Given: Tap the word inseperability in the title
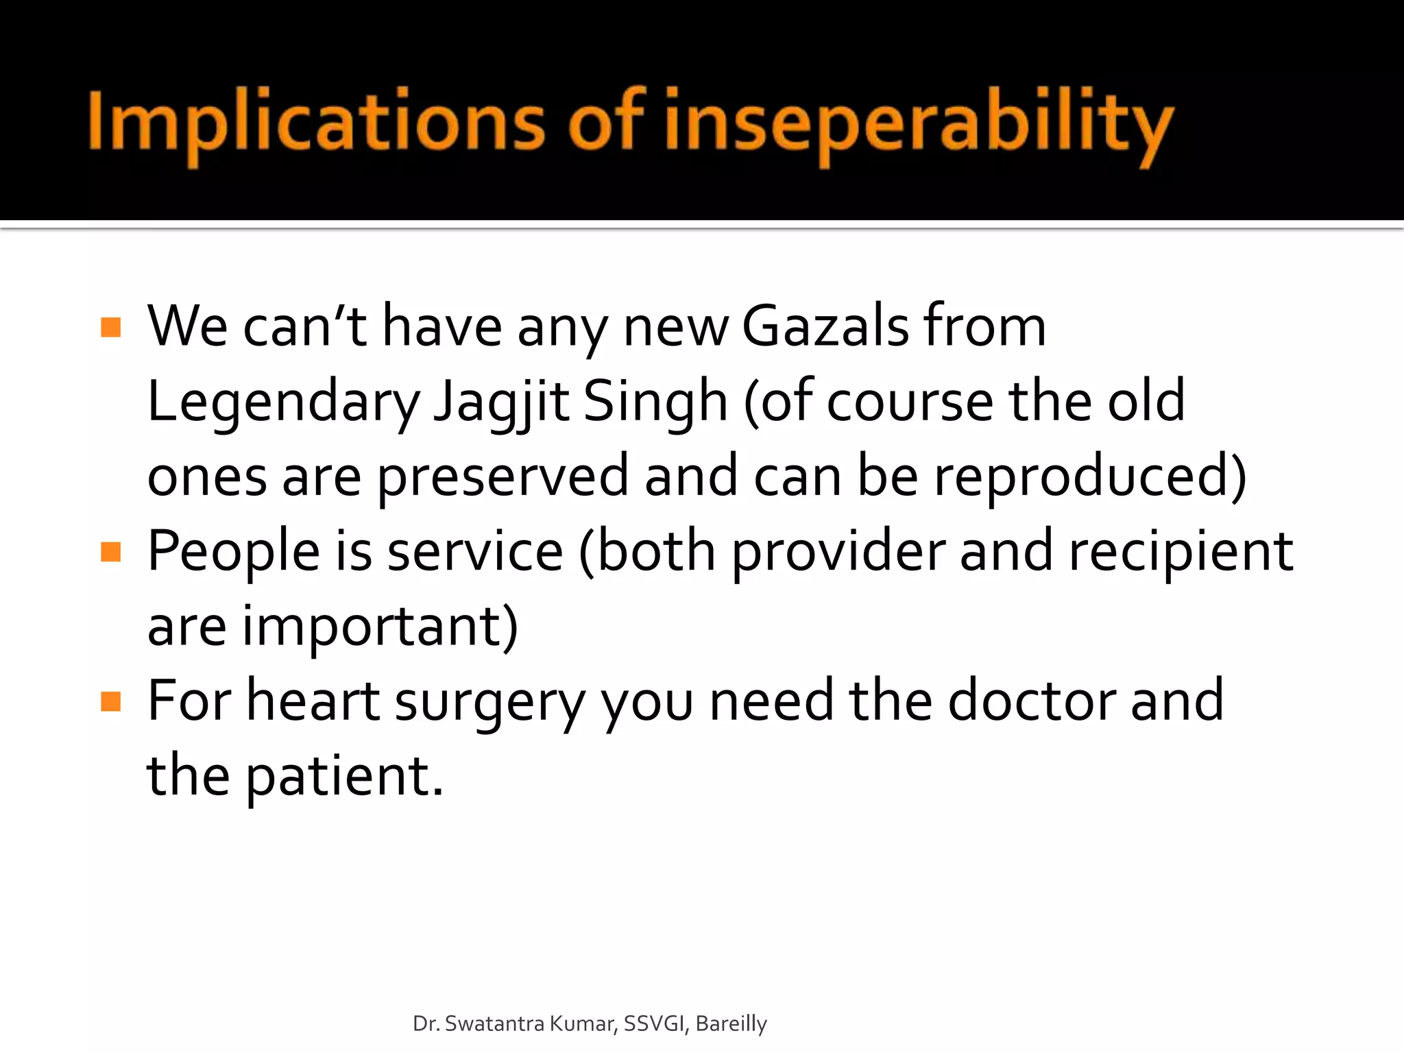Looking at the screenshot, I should pyautogui.click(x=917, y=123).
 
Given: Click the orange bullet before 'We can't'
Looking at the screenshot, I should pyautogui.click(x=110, y=327).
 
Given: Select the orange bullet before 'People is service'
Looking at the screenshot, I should pyautogui.click(x=110, y=552).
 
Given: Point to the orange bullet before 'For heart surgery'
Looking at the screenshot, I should pyautogui.click(x=110, y=701).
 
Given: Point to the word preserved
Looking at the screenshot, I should pyautogui.click(x=503, y=477).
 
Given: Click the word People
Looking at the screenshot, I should pyautogui.click(x=234, y=552).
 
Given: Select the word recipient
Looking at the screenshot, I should pyautogui.click(x=1181, y=552).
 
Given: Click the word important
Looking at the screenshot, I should pyautogui.click(x=379, y=627).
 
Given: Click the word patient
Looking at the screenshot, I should pyautogui.click(x=344, y=777).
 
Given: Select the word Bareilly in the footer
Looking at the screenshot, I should pyautogui.click(x=731, y=1024).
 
